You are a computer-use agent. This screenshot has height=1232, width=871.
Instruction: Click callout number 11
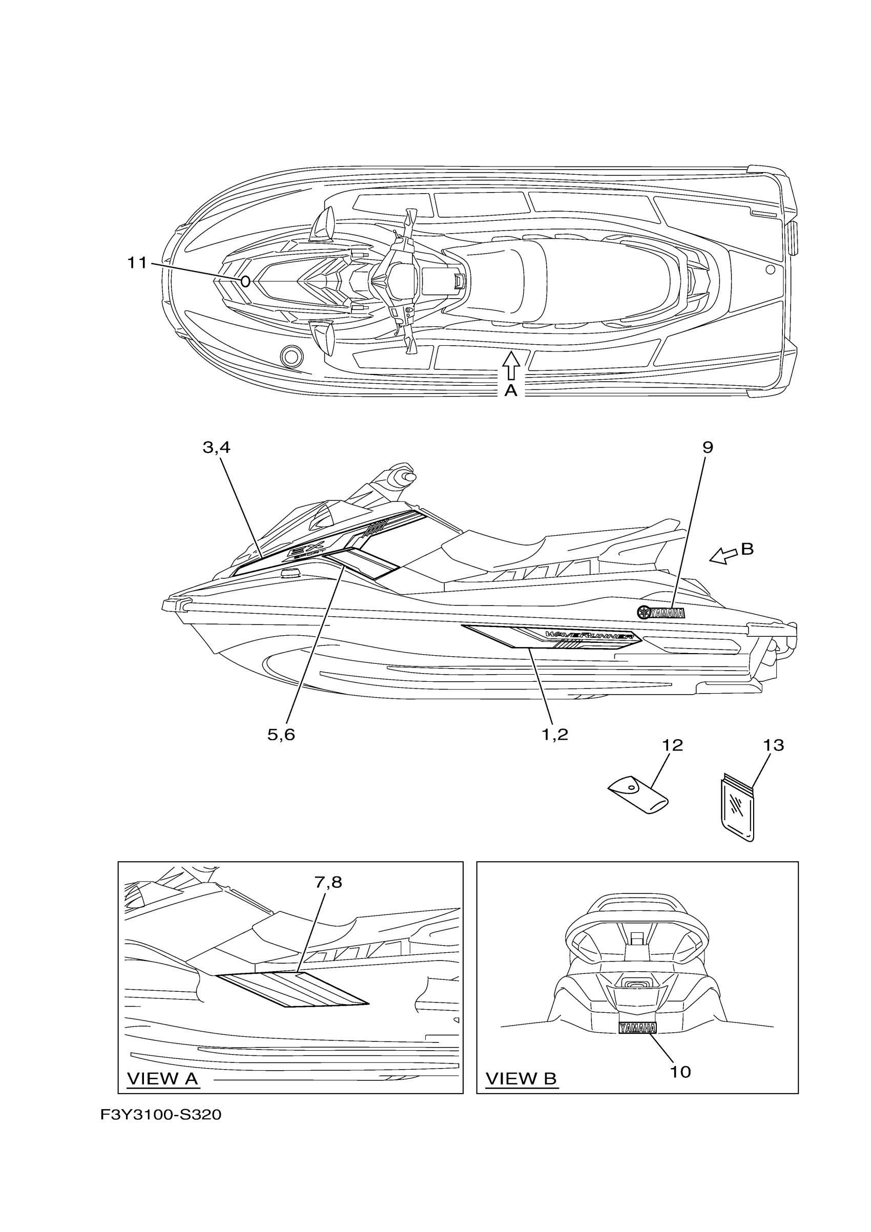137,263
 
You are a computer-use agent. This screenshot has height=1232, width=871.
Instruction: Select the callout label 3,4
216,448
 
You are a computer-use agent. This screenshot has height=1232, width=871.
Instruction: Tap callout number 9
708,448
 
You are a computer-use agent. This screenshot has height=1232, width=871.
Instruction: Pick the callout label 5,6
281,735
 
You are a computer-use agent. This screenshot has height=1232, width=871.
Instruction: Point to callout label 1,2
554,735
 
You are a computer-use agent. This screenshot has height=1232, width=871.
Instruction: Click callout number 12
672,745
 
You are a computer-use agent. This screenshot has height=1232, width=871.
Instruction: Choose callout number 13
773,745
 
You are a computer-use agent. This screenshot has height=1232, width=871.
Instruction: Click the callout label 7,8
328,882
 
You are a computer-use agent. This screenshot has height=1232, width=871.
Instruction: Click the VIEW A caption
162,1078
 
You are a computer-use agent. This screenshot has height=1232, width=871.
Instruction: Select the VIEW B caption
521,1078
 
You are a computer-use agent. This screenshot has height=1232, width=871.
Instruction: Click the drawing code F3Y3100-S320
160,1115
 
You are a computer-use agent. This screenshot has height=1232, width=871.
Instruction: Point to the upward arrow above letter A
511,365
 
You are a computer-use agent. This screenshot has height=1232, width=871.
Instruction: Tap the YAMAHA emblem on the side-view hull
660,613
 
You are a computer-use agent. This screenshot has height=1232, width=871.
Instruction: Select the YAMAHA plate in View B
637,1028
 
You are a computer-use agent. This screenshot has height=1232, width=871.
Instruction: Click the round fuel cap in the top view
292,355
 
